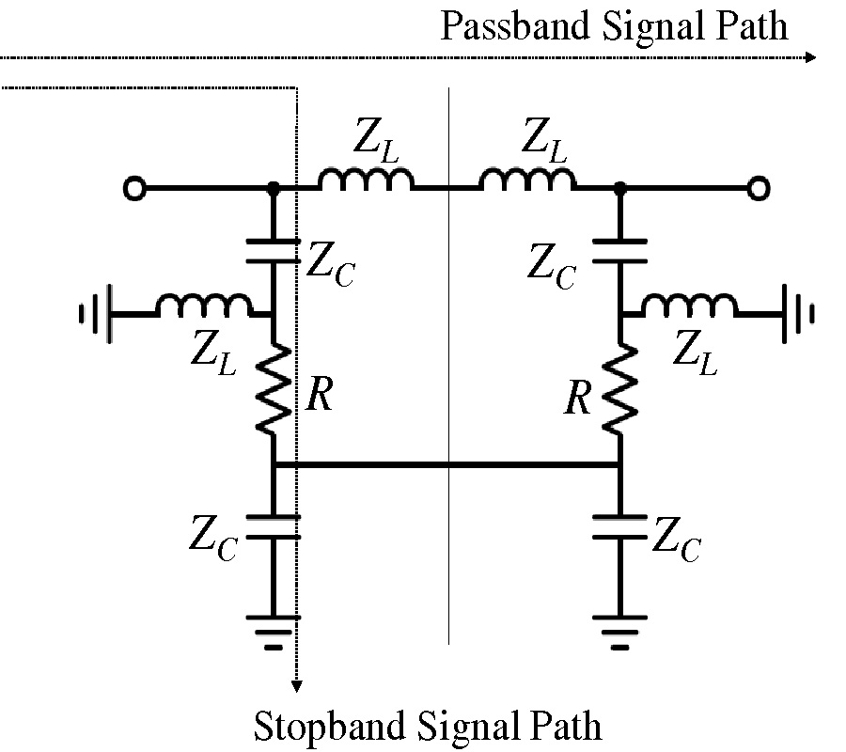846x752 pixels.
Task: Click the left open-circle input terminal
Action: pos(135,190)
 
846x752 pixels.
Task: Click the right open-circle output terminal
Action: pos(757,190)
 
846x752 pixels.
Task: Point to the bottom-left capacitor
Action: pos(273,525)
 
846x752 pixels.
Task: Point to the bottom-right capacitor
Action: pos(619,525)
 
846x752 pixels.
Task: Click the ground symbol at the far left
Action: pos(98,314)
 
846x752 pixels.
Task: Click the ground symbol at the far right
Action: pos(797,314)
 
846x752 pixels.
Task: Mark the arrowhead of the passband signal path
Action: pos(812,58)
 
